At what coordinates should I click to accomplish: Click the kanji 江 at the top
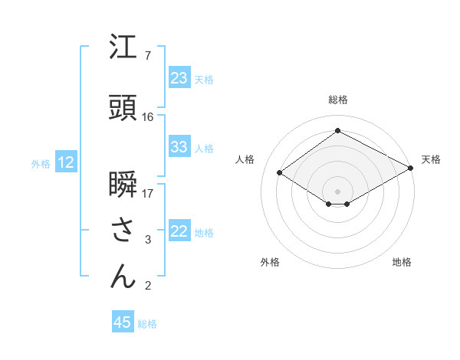(123, 47)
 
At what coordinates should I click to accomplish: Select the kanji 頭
(123, 107)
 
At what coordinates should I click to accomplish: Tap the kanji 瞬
(123, 184)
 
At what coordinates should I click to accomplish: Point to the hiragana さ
(123, 230)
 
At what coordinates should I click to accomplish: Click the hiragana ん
(123, 277)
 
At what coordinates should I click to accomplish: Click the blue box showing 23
(179, 78)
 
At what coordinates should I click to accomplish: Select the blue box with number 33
(179, 148)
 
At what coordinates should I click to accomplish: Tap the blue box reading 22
(179, 232)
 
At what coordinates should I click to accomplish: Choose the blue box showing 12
(65, 162)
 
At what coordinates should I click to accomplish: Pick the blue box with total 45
(122, 322)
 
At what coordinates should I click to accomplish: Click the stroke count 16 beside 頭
(148, 117)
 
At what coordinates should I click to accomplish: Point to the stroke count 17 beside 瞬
(148, 194)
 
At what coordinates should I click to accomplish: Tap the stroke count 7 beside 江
(148, 56)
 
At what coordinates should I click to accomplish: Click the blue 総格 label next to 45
(147, 324)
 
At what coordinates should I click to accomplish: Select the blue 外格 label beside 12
(40, 164)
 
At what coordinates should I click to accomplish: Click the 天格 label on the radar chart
(431, 159)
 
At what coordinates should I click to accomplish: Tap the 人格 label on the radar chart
(245, 159)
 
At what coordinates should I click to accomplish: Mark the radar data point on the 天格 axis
(412, 169)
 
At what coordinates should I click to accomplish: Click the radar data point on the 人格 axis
(280, 173)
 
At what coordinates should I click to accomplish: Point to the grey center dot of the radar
(337, 191)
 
